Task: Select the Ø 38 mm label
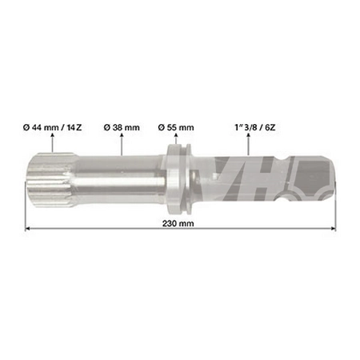point(121,126)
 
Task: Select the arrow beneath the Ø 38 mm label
point(121,143)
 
